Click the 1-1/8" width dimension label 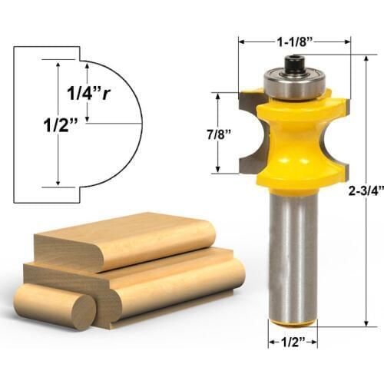(294, 34)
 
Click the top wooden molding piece (123, 240)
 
